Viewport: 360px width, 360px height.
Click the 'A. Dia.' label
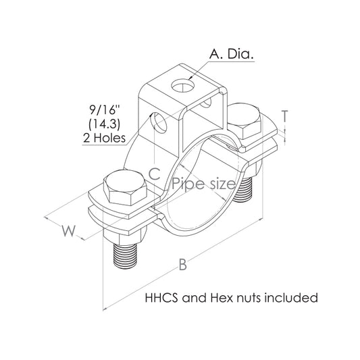232,54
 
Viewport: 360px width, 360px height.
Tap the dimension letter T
285,116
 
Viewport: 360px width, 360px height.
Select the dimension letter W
68,231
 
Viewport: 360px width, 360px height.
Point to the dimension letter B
183,264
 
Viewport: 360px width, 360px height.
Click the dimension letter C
154,174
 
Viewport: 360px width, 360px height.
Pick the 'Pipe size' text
204,184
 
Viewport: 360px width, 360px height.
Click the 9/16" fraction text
102,110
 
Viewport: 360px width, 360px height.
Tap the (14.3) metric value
105,124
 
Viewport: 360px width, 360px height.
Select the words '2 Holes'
105,138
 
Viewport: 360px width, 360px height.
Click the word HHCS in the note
161,298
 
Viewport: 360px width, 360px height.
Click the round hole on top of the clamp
183,86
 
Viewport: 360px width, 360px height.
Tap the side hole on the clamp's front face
160,122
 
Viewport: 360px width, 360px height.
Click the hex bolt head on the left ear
125,188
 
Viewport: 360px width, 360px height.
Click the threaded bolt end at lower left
125,256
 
